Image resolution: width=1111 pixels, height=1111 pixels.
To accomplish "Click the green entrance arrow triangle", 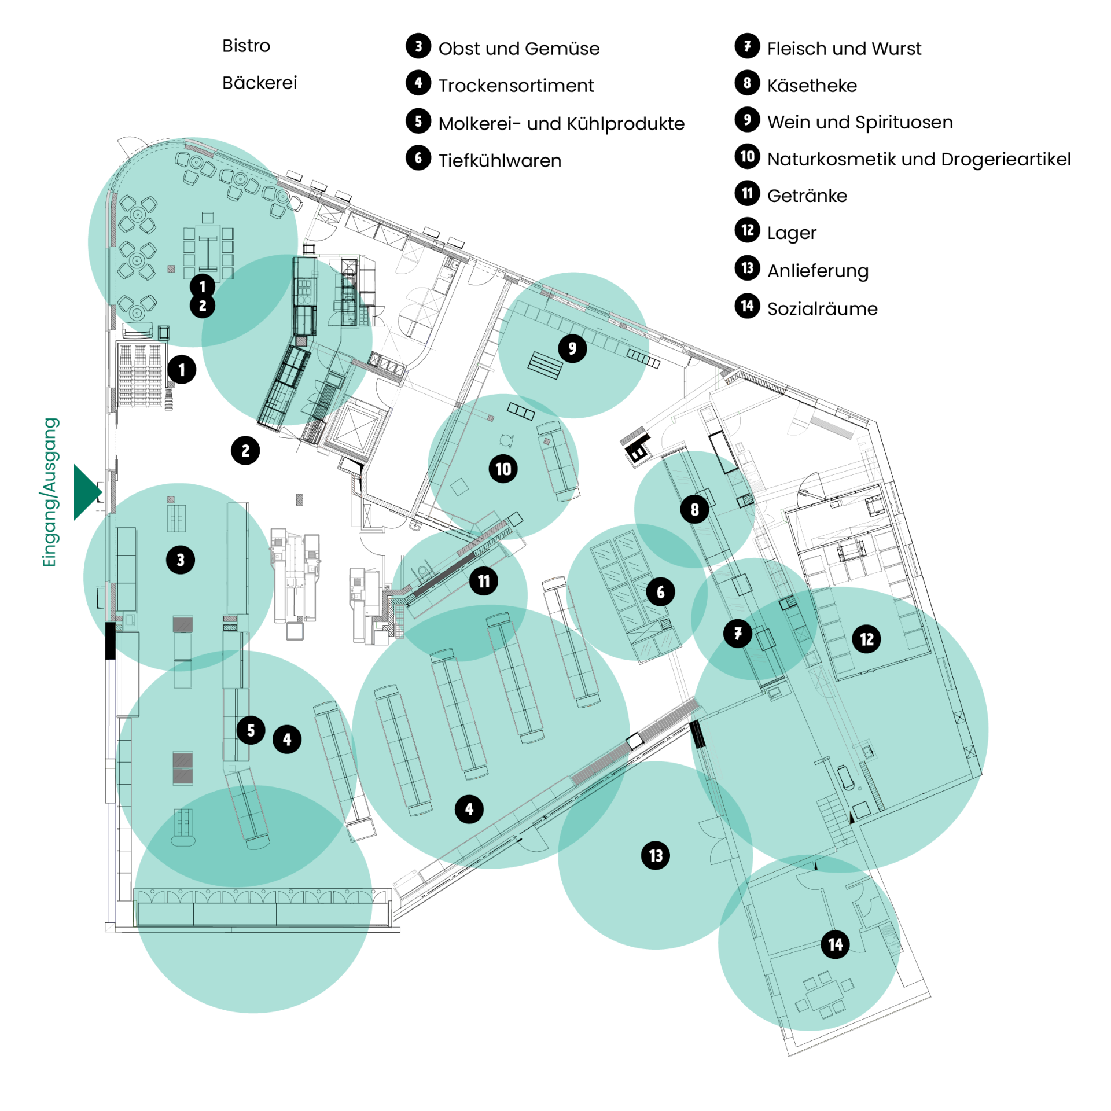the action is [86, 492].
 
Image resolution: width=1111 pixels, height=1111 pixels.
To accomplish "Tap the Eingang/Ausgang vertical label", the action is [50, 492].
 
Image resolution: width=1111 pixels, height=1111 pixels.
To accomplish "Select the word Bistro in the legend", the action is [246, 46].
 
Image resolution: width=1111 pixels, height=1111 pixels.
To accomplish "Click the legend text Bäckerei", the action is [260, 83].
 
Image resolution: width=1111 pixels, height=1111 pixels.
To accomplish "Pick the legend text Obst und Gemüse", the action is [519, 49].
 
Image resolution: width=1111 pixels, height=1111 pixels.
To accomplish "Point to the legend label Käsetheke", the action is [812, 86].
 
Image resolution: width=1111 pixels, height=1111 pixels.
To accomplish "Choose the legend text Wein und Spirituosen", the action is [860, 123].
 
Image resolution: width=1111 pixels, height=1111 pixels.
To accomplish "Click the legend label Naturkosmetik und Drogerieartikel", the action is [919, 159].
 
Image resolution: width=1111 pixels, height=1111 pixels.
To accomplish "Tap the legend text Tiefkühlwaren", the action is [500, 161].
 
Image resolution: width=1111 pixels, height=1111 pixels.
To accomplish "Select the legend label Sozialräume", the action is [822, 309].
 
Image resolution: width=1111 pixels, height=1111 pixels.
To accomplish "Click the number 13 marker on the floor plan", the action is [656, 855].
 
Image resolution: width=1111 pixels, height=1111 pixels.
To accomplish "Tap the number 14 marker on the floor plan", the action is [836, 944].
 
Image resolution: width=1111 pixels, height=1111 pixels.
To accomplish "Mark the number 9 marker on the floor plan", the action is [572, 348].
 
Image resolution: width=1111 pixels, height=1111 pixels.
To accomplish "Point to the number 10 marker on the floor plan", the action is [503, 469].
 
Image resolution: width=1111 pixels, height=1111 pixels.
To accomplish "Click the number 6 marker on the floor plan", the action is [661, 591].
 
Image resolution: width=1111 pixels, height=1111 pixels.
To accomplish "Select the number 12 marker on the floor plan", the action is [866, 639].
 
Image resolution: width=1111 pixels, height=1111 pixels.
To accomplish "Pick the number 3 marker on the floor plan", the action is [181, 560].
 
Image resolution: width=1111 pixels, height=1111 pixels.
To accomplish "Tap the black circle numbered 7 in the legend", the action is [748, 46].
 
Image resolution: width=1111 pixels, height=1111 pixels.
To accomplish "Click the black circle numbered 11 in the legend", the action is [748, 193].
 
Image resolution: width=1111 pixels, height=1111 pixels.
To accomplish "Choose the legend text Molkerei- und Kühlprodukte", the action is [561, 124].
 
